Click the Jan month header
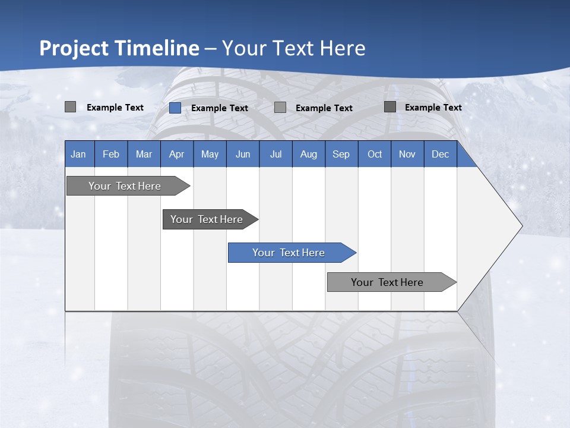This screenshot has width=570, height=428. (x=79, y=154)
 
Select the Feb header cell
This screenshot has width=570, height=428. (x=111, y=154)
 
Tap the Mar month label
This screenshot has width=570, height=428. (x=144, y=154)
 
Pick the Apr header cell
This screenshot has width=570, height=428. (x=177, y=154)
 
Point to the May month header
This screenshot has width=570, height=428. (x=210, y=154)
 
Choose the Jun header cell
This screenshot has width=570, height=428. (x=243, y=154)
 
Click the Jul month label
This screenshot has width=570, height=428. (x=275, y=154)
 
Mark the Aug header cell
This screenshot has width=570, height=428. (x=309, y=154)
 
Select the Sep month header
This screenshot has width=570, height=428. (x=341, y=154)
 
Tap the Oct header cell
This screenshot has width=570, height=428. (x=375, y=154)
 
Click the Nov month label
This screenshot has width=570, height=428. (x=407, y=154)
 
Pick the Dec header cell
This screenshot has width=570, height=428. (x=441, y=154)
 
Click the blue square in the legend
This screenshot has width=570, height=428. (x=175, y=108)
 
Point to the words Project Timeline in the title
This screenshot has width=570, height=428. (x=119, y=48)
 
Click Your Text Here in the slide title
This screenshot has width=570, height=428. (x=294, y=48)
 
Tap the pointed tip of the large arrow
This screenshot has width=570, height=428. (x=521, y=226)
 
